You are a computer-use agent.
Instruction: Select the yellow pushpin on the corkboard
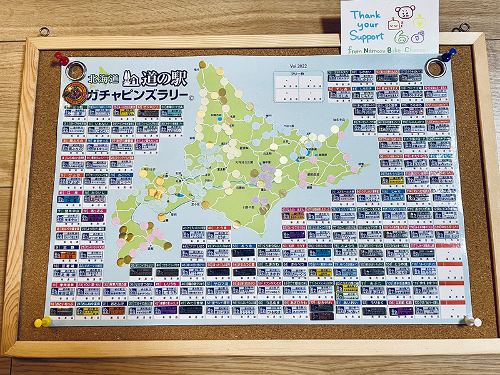point(42,322)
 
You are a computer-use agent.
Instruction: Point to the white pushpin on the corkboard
point(469,321)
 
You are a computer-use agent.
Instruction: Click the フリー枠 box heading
point(297,74)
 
